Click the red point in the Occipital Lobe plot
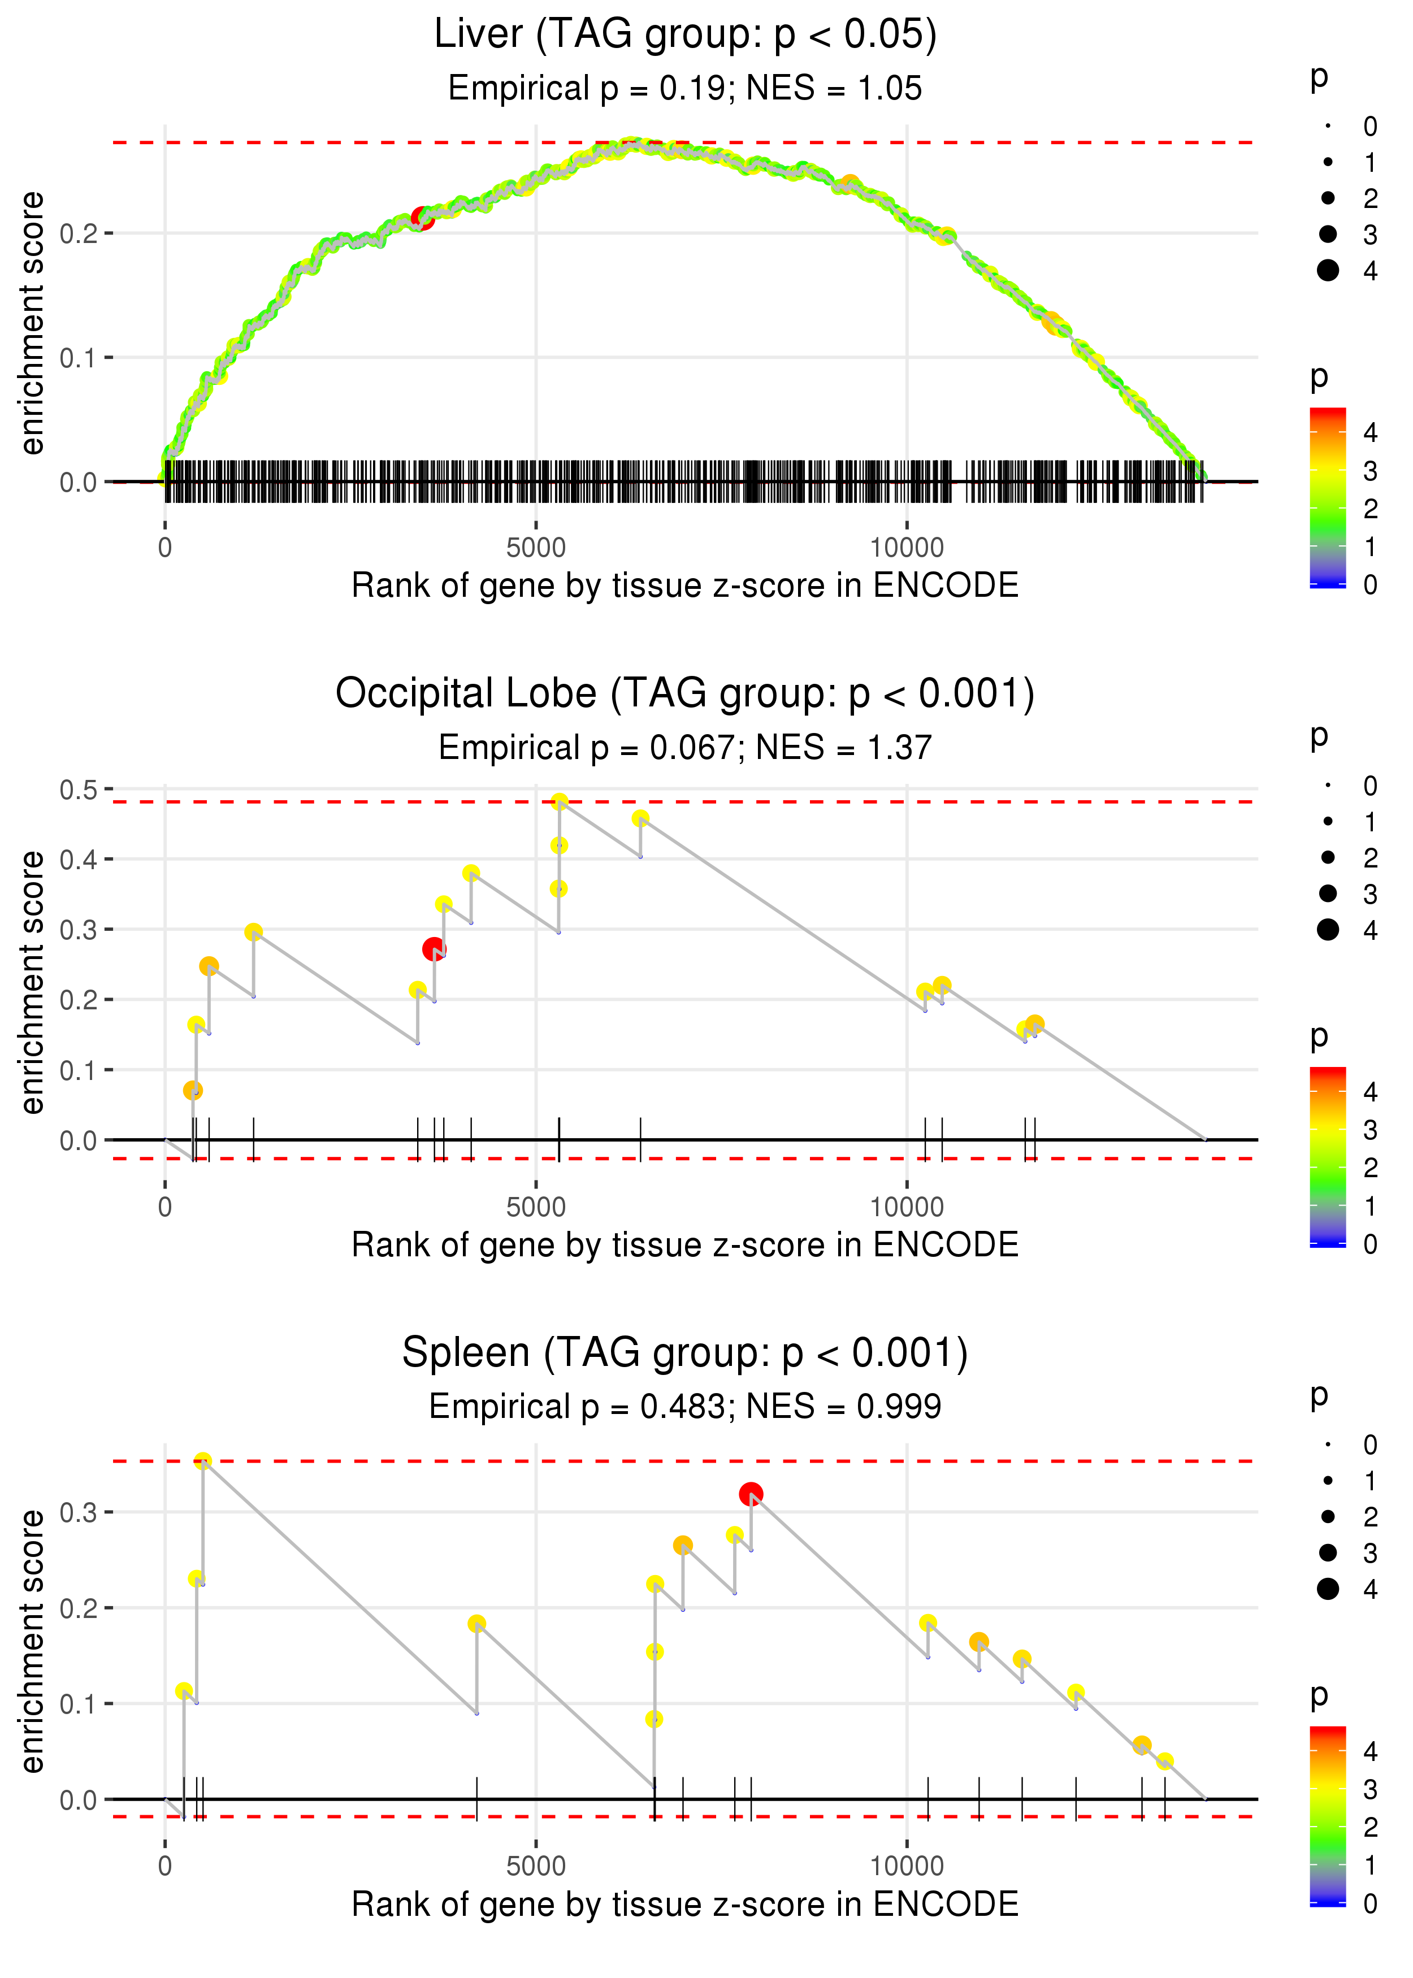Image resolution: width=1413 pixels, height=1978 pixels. tap(434, 949)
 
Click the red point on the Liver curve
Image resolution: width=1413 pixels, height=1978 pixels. tap(422, 218)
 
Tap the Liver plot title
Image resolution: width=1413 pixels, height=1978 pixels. tap(685, 35)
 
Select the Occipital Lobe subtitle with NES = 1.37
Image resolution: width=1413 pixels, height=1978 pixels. tap(685, 747)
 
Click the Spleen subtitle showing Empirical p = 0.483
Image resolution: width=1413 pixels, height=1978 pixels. tap(685, 1407)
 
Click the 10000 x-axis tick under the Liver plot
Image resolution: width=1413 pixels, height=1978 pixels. tap(907, 548)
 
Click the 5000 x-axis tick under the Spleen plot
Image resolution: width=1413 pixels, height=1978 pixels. tap(536, 1866)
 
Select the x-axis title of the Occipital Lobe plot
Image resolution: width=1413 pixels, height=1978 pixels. tap(685, 1245)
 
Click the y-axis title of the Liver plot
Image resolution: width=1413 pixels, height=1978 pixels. tap(32, 324)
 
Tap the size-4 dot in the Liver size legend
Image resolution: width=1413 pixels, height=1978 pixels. tap(1328, 271)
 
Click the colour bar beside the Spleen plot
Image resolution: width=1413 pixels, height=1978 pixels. tap(1328, 1815)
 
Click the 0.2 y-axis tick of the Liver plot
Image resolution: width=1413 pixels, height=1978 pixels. tap(79, 233)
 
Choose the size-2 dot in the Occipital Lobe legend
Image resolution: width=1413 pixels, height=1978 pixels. tap(1328, 858)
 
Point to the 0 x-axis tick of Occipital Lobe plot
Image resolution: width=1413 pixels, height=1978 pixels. tap(165, 1207)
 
